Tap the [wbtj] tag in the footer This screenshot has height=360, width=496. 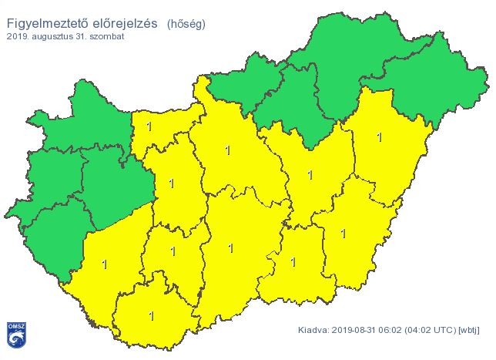point(469,330)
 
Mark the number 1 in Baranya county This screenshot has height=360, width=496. point(151,315)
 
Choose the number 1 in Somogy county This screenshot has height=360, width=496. point(104,264)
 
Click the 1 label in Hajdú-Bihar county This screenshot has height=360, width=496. point(379,137)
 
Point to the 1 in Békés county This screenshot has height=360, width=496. point(343,233)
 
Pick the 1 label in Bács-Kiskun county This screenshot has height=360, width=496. point(230,247)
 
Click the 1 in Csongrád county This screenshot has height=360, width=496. point(293,261)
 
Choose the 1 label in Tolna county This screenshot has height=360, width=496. point(173,251)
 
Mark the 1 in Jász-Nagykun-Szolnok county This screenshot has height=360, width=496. point(310,175)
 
